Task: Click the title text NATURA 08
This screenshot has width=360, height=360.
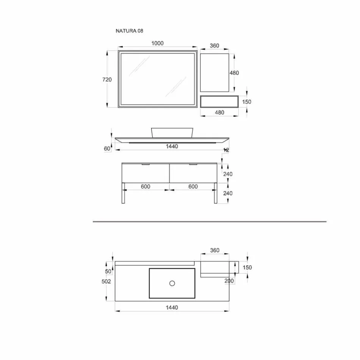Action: pyautogui.click(x=129, y=31)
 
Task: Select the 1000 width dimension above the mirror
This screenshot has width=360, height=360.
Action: pyautogui.click(x=157, y=43)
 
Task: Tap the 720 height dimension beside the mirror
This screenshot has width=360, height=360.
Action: pyautogui.click(x=107, y=80)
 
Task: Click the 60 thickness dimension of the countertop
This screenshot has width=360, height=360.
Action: pyautogui.click(x=107, y=149)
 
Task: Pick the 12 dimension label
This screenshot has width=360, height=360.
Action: pyautogui.click(x=226, y=150)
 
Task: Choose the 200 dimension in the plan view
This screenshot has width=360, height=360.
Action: pyautogui.click(x=229, y=281)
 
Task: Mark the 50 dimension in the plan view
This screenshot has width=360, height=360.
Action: pyautogui.click(x=108, y=271)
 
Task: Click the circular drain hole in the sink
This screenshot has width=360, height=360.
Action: pyautogui.click(x=172, y=283)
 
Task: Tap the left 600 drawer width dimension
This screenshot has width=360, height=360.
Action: pyautogui.click(x=146, y=186)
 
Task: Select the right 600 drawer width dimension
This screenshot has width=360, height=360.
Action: pyautogui.click(x=193, y=186)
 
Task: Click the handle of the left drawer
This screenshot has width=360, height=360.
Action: pyautogui.click(x=146, y=165)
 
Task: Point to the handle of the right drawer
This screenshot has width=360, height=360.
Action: pyautogui.click(x=193, y=165)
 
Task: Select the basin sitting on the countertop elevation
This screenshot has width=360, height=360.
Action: pyautogui.click(x=172, y=132)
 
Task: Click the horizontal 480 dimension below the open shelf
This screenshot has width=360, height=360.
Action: pyautogui.click(x=219, y=113)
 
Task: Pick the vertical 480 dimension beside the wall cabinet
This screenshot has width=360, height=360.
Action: pyautogui.click(x=235, y=73)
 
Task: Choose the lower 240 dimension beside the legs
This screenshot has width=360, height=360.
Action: pyautogui.click(x=228, y=193)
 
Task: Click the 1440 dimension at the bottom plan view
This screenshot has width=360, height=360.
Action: pyautogui.click(x=172, y=308)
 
